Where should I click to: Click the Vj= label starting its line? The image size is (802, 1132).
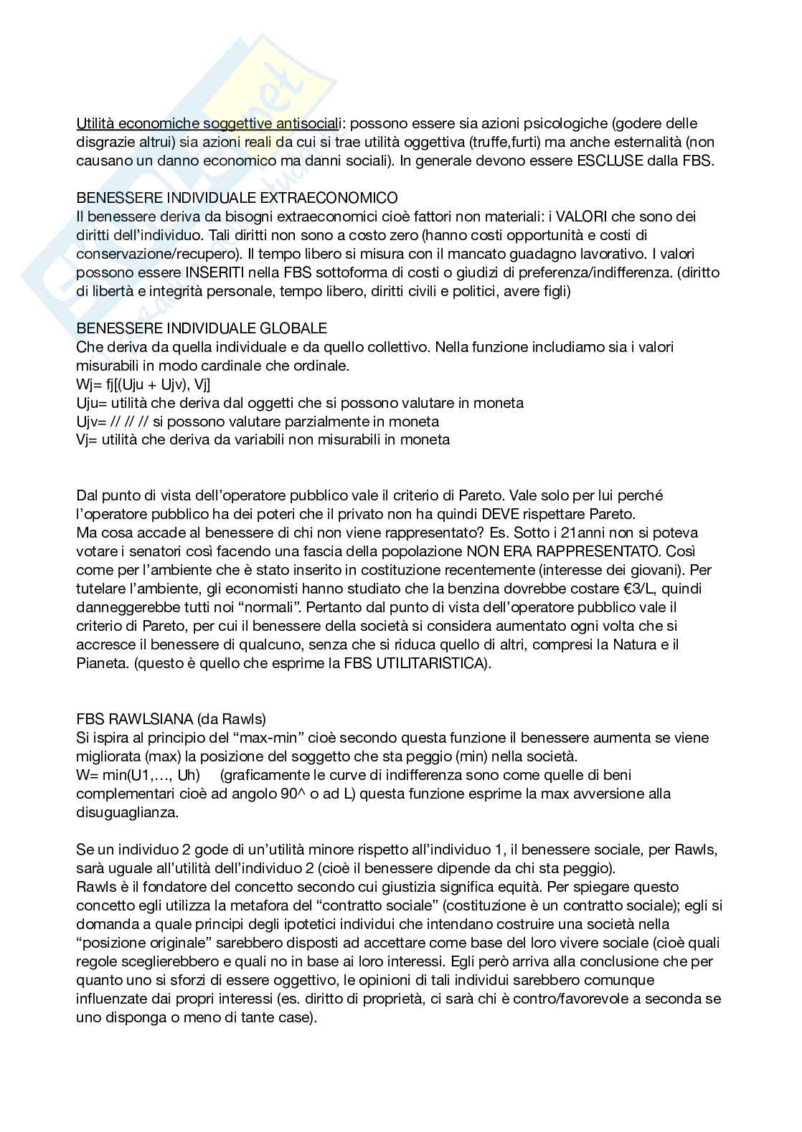[x=87, y=440]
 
